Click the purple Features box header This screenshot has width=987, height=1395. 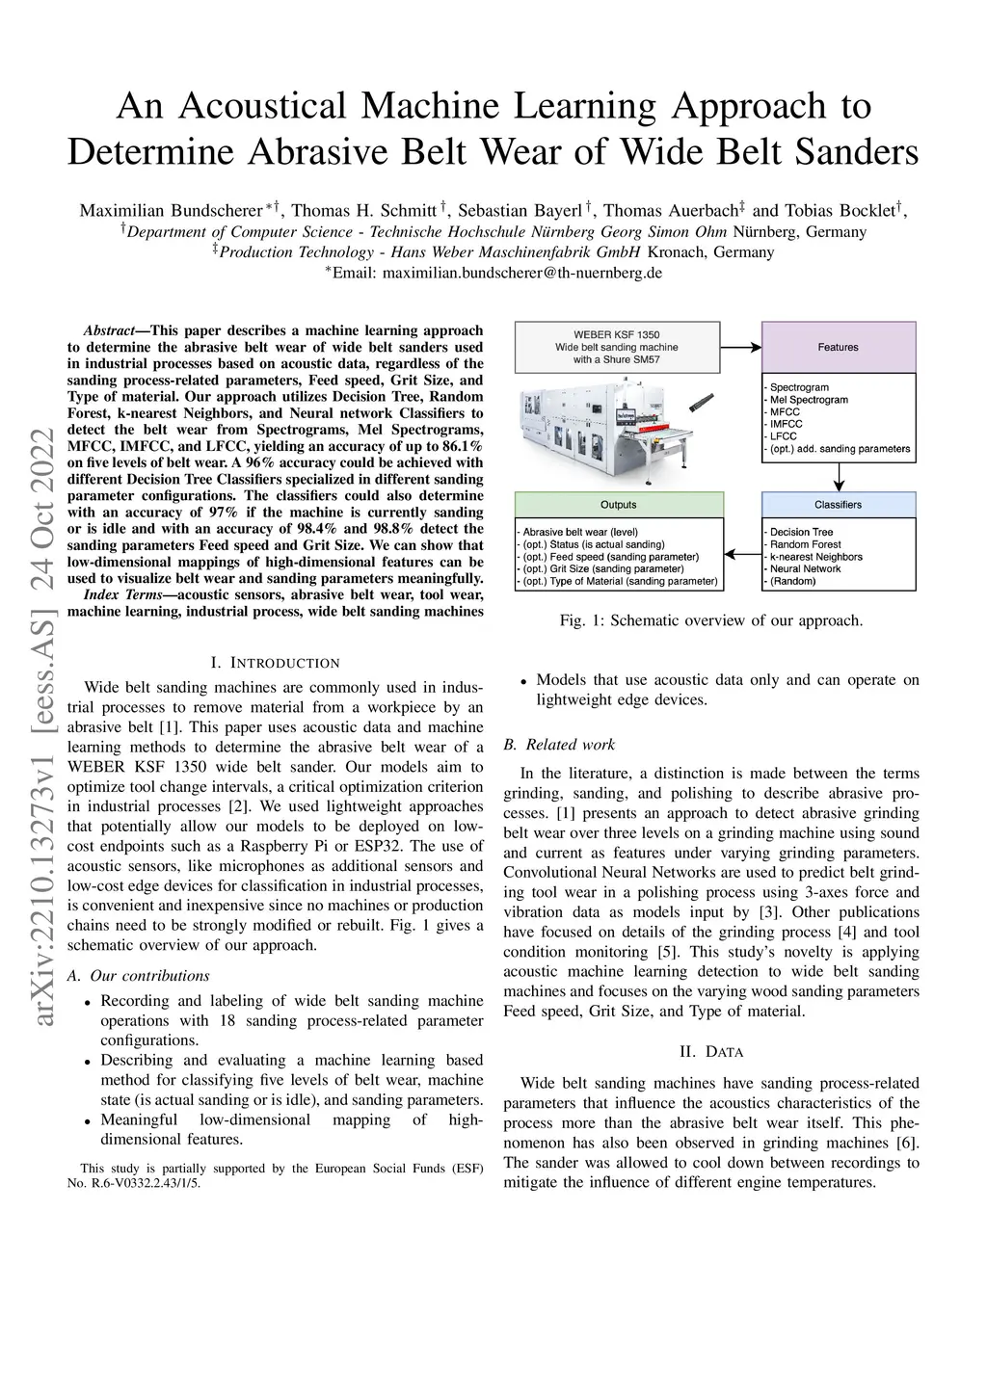tap(838, 347)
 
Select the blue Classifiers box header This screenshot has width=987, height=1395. tap(838, 505)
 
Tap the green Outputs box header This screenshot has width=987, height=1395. tap(618, 505)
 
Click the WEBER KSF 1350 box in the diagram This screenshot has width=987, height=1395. tap(617, 347)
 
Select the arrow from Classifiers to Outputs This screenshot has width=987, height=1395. tap(742, 555)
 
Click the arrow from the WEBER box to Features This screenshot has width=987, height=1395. tap(740, 347)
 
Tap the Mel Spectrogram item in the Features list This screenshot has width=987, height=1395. tap(809, 400)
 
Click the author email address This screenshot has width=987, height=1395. tap(521, 274)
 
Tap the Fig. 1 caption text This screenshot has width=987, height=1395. tap(711, 620)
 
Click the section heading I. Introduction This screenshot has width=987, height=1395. tap(275, 663)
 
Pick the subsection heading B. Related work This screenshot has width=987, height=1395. tap(559, 745)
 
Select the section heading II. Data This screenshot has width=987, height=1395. tap(710, 1051)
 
